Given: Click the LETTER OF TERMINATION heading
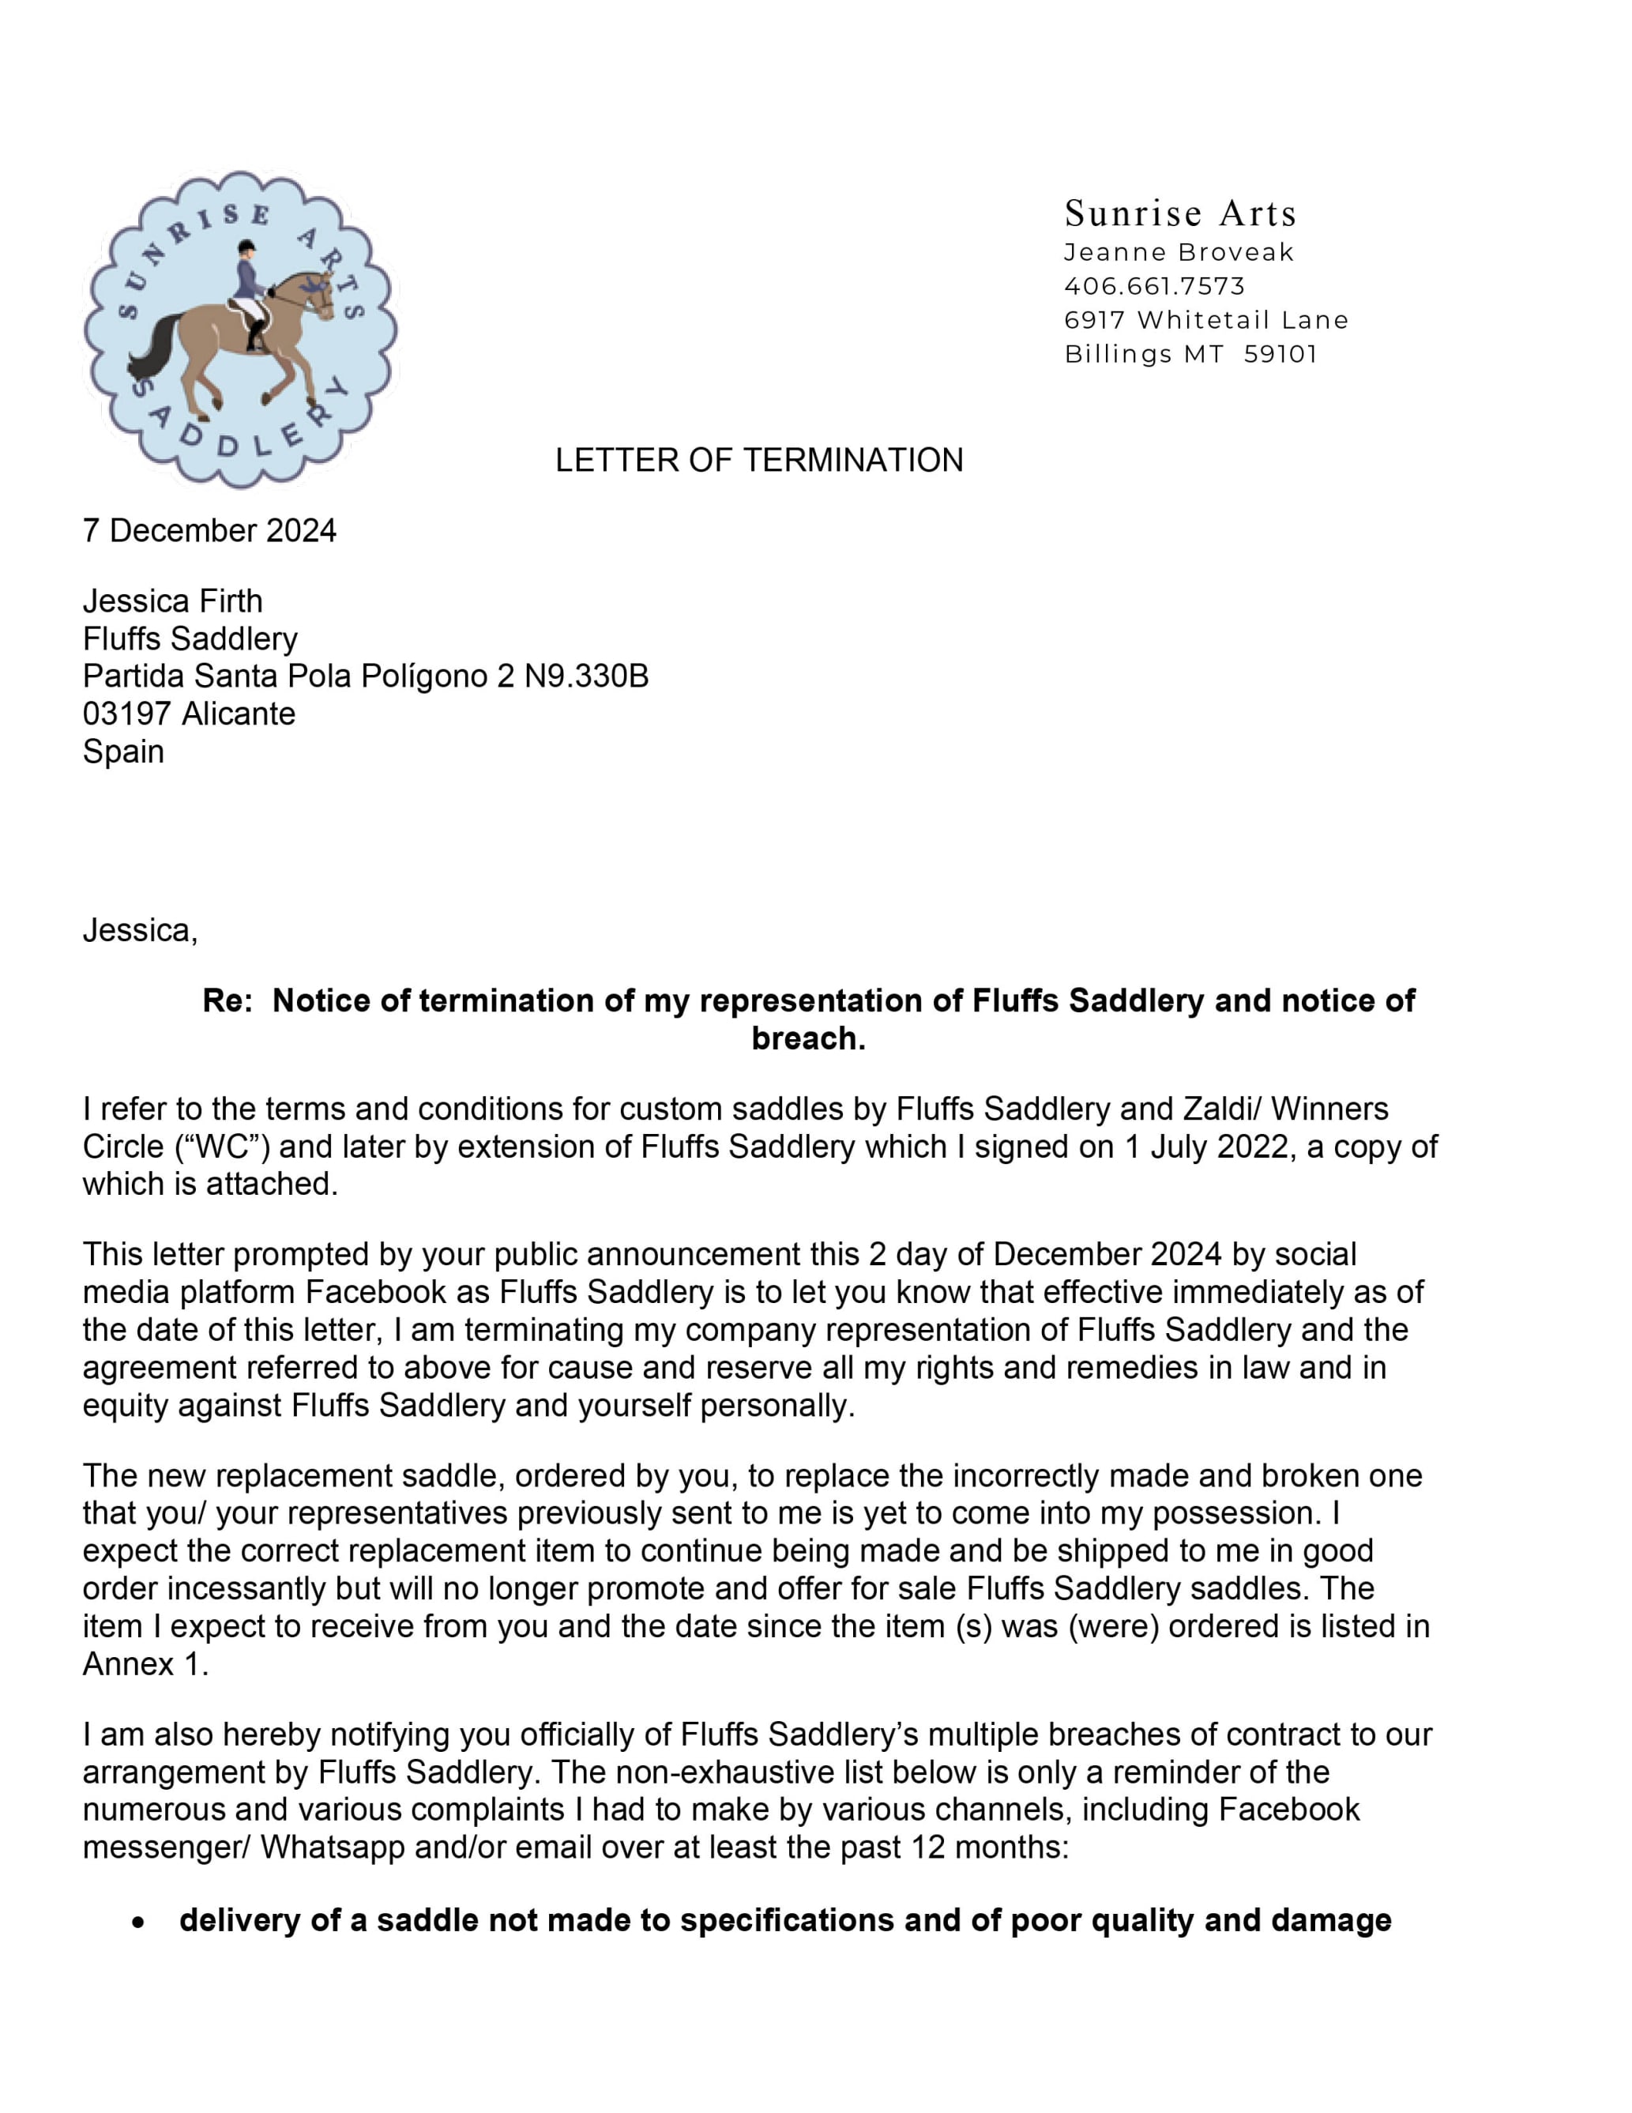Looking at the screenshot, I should tap(758, 460).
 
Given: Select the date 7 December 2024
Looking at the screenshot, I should tap(209, 530).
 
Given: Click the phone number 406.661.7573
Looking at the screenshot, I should tap(1154, 286).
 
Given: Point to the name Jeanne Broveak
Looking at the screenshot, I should tap(1179, 253).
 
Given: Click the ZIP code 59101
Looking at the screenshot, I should tap(1280, 354).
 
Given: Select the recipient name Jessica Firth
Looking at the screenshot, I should tap(172, 601).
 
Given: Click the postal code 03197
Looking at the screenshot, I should tap(126, 714).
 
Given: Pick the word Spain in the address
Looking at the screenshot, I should tap(123, 751).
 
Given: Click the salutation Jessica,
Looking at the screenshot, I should tap(141, 930).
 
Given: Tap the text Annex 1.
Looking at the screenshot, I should tap(145, 1664).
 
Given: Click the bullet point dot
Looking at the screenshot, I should tap(139, 1923).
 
